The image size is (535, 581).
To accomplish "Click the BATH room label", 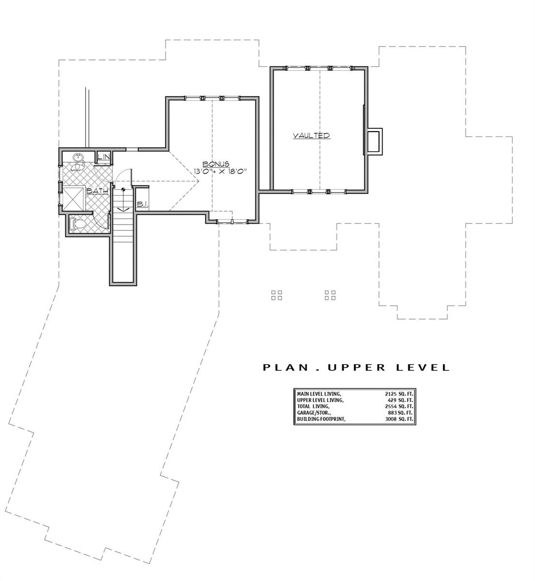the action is click(x=97, y=191).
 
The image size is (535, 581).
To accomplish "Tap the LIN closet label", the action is click(x=104, y=157).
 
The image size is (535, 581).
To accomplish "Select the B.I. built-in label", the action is click(x=142, y=204).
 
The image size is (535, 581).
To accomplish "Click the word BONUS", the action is click(x=216, y=164).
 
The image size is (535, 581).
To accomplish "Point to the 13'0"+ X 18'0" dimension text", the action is click(x=220, y=171).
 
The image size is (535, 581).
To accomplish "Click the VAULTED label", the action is click(x=312, y=136).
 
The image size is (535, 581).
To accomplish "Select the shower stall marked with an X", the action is click(x=74, y=199).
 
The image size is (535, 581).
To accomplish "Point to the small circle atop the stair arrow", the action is click(x=123, y=190).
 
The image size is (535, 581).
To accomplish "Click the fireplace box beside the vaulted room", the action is click(x=374, y=141).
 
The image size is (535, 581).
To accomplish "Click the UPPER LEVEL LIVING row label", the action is click(x=321, y=400).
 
